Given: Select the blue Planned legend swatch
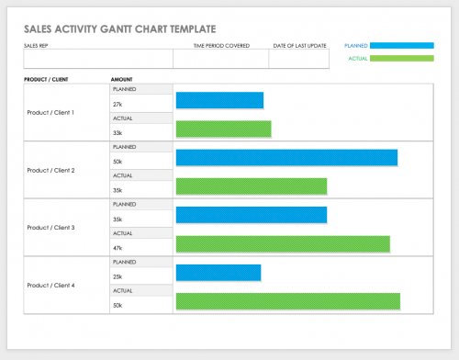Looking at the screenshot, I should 402,44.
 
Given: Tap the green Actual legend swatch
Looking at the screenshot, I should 402,58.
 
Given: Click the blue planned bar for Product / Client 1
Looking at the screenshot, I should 219,100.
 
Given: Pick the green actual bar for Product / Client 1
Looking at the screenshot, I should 223,129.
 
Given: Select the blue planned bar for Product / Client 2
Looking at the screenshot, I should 286,157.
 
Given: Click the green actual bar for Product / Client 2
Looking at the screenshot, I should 251,186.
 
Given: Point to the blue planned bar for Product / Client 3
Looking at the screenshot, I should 251,215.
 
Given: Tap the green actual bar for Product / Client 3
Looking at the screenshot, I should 282,244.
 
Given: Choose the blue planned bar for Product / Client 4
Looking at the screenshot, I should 218,273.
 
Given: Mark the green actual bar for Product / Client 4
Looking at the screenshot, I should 287,301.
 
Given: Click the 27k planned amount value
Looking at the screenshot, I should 118,105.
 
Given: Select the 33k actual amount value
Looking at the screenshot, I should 118,133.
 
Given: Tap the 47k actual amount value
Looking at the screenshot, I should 118,248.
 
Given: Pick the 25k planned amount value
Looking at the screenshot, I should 118,276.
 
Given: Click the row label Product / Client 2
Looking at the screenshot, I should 51,171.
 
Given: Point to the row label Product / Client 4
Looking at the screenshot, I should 51,285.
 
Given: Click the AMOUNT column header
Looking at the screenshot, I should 122,80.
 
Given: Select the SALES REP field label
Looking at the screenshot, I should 38,45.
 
